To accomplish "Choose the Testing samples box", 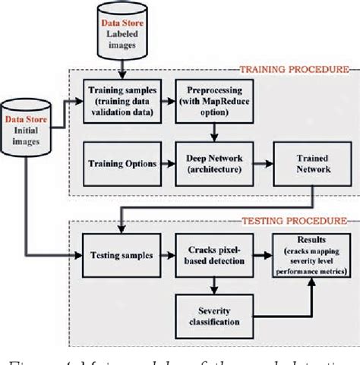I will [121, 256].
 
